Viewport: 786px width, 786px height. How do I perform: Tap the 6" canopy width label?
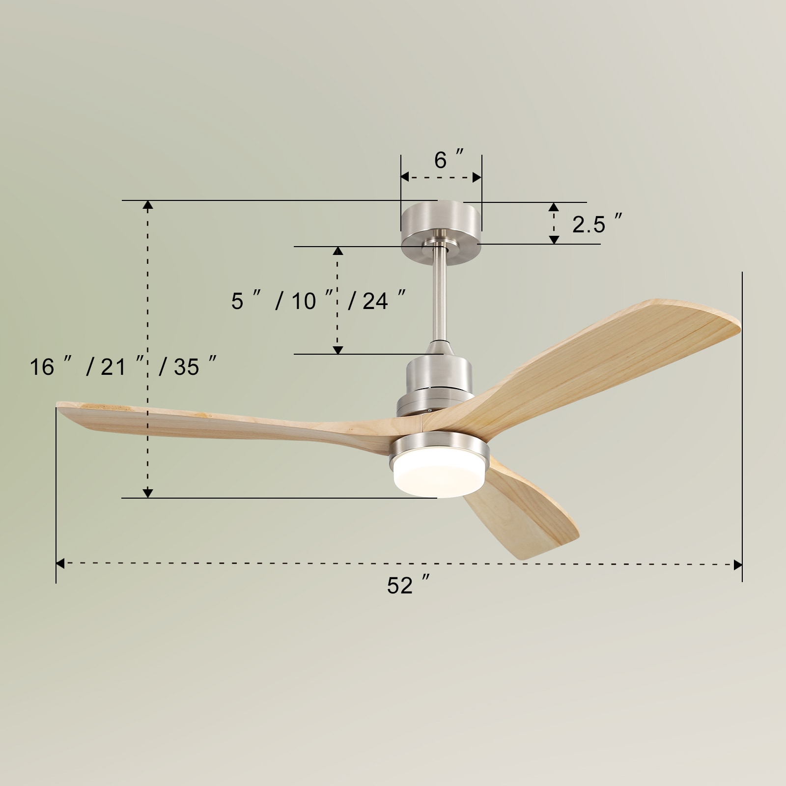tap(448, 160)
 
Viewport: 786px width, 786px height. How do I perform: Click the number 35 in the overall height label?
tap(187, 367)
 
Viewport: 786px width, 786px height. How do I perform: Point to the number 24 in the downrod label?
tap(375, 301)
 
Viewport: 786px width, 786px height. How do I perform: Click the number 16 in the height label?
tap(42, 367)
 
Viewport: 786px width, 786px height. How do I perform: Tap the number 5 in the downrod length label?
tap(237, 301)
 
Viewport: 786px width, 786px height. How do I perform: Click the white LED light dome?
tap(439, 473)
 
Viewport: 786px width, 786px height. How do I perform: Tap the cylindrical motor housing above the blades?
tap(439, 378)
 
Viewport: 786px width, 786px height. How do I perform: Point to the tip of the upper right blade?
tap(734, 322)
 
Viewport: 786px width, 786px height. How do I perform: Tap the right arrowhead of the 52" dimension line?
tap(737, 564)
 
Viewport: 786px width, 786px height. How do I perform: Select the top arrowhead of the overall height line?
tap(147, 205)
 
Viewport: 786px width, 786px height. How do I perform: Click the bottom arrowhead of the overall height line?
tap(147, 493)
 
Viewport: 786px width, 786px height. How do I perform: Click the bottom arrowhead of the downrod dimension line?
tap(337, 350)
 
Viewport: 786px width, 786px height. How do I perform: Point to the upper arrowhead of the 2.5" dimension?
tap(554, 207)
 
